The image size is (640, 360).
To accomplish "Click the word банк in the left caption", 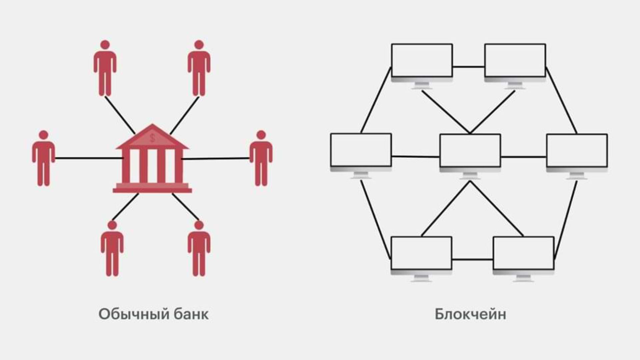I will pos(191,314).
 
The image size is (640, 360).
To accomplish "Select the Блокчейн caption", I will pos(470,314).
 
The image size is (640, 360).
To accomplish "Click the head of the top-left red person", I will pos(105,45).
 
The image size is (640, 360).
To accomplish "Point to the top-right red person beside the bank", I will pos(199,68).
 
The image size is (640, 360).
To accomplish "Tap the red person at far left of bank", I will pos(43,158).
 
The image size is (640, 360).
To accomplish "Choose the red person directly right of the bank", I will pos(261,158).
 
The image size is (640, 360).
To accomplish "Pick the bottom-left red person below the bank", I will pos(112,248).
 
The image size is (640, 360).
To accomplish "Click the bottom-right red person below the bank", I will pos(199,248).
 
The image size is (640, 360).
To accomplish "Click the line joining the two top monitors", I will pos(468,67).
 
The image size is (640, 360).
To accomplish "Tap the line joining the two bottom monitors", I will pos(472,259).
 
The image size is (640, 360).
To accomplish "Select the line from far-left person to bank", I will pos(88,158).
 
